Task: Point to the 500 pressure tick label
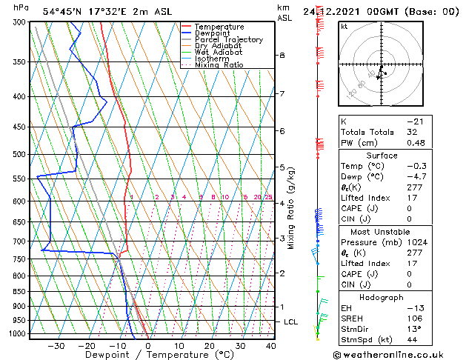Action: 18,154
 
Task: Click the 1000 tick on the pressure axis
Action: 16,334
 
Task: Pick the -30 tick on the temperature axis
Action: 56,346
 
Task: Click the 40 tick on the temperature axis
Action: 271,346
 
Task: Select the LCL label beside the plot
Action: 291,321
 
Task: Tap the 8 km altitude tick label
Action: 282,55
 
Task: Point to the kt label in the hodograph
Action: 344,26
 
